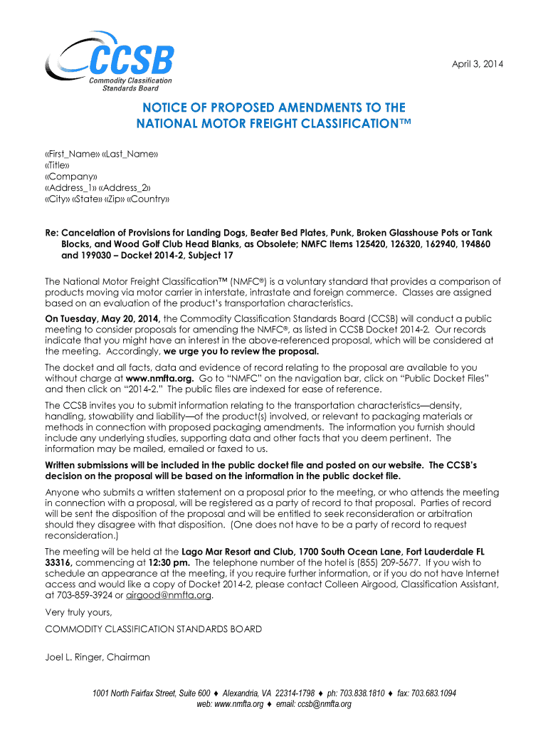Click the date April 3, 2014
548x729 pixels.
click(478, 65)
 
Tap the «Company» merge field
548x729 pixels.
click(71, 177)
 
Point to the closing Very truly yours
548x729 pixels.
click(78, 612)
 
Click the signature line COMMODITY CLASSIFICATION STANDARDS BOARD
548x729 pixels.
click(153, 629)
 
